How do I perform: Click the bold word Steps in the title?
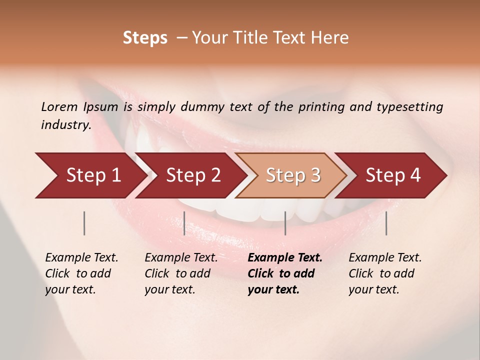tap(145, 38)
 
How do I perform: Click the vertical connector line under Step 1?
tap(84, 223)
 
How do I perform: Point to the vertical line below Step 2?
tap(184, 223)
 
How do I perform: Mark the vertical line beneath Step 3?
tap(285, 223)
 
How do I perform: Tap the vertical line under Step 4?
tap(386, 223)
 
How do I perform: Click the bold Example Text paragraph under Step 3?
tap(285, 273)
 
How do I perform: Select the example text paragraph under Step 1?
tap(81, 273)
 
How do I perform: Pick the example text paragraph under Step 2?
tap(181, 273)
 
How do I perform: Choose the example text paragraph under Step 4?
tap(385, 273)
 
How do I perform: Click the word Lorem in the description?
tap(59, 106)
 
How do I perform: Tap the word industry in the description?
tap(66, 124)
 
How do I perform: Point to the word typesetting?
tap(409, 106)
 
